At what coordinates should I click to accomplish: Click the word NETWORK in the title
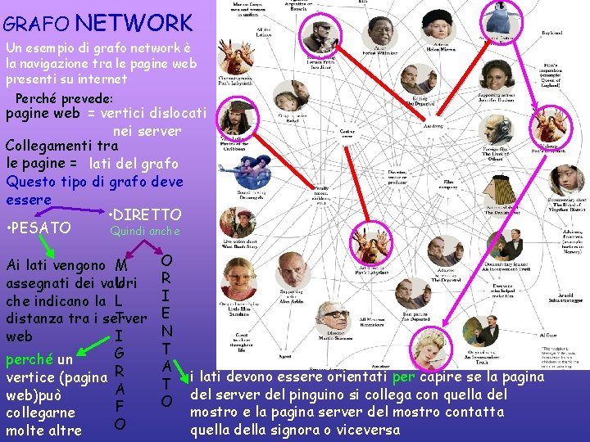coord(138,22)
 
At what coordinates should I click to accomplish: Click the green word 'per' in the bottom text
coord(403,377)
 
